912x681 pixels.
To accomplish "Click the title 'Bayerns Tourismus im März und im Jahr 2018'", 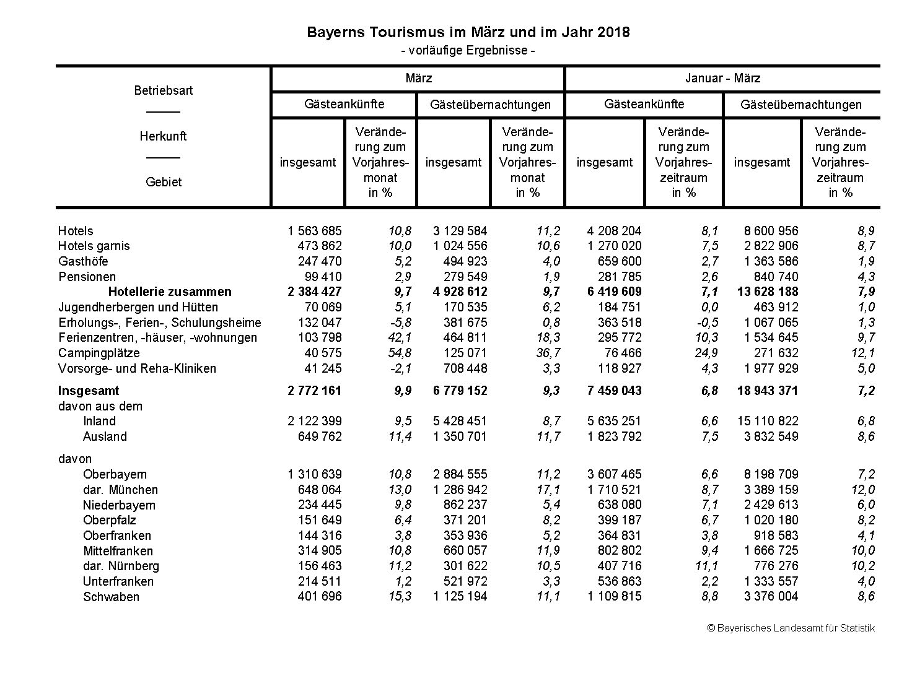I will (x=468, y=32).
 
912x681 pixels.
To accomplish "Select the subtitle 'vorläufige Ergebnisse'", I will (x=468, y=50).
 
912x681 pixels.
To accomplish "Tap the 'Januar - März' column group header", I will (x=722, y=79).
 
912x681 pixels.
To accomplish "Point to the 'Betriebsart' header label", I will (x=164, y=90).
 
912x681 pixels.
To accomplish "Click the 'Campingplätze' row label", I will (x=99, y=353).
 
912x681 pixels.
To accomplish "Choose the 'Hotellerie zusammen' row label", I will (x=169, y=292).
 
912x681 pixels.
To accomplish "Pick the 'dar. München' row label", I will (x=120, y=490).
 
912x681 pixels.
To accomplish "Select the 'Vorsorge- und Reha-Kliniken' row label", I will (x=137, y=368).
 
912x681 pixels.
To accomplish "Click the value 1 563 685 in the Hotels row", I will (x=314, y=231).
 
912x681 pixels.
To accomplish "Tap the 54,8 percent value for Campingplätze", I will (x=400, y=353).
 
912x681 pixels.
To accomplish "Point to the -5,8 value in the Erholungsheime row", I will (x=400, y=323).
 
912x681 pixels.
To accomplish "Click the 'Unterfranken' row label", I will (x=118, y=581).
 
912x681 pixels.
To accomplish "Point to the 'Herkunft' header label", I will (x=164, y=136).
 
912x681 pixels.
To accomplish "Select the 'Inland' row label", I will (x=100, y=421).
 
